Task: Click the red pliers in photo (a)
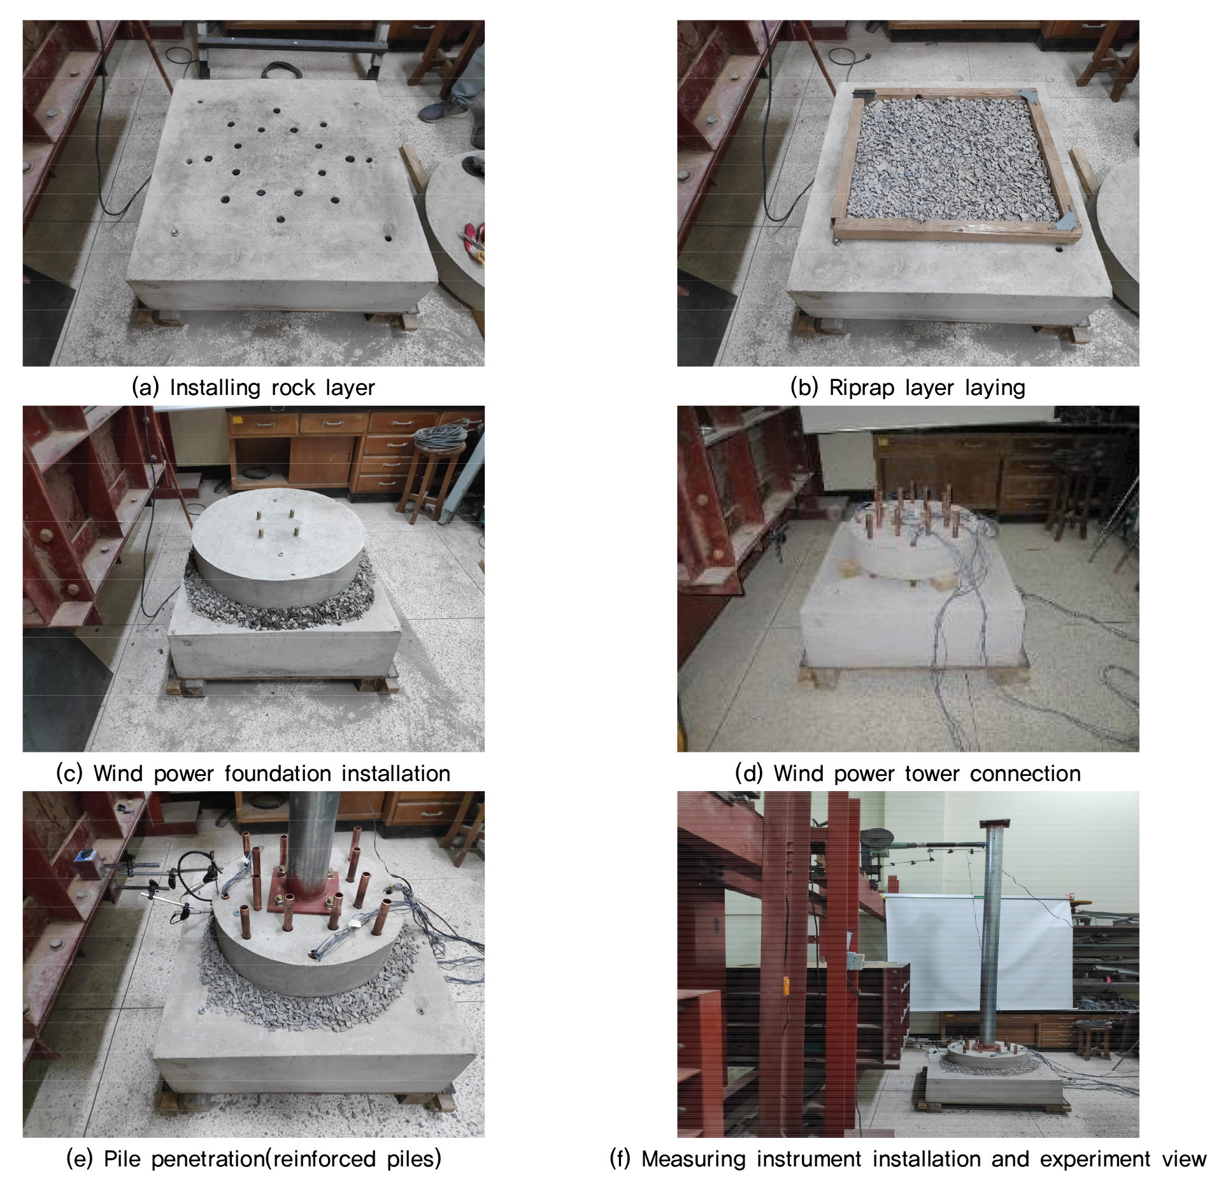pos(472,238)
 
